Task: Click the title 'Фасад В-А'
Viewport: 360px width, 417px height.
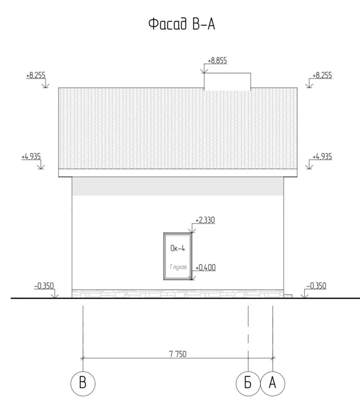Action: coord(182,24)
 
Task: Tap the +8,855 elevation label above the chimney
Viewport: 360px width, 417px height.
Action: coord(217,61)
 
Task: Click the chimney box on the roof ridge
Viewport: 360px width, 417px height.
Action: coord(227,81)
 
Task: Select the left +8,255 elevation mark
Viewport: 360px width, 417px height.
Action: coord(36,75)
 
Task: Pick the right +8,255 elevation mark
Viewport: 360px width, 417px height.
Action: coord(322,75)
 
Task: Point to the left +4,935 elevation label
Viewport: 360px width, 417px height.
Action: coord(31,156)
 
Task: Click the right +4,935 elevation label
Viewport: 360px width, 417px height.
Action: coord(322,156)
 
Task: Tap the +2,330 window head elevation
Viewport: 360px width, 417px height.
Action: coord(205,220)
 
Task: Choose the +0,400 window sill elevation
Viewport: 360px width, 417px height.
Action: coord(205,267)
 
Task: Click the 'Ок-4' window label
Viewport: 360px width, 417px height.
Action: coord(177,248)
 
